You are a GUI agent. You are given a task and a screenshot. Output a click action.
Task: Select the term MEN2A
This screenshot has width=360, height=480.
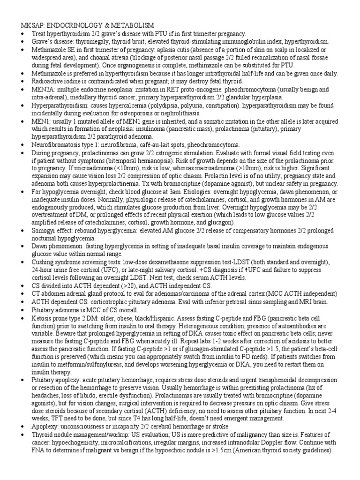coord(44,89)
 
